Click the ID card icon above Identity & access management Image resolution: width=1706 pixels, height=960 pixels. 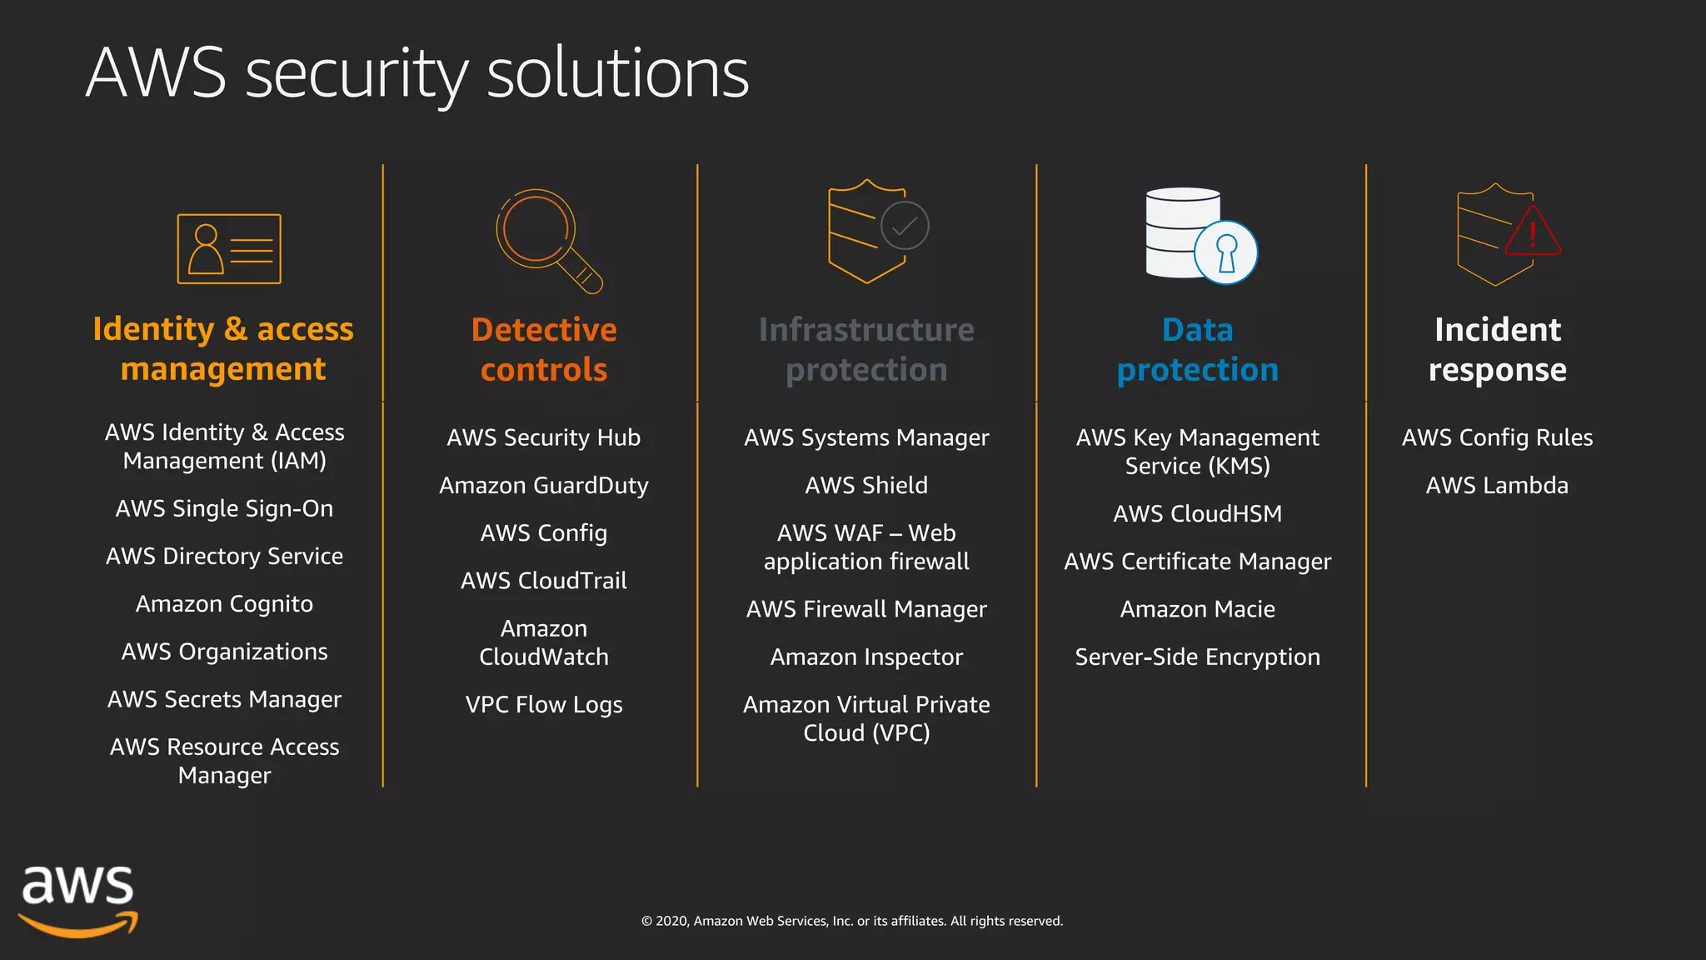tap(229, 248)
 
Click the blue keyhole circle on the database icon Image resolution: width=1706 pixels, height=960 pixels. tap(1225, 252)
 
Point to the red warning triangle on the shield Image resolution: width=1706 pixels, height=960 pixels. tap(1533, 232)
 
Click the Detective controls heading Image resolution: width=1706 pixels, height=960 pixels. tap(544, 349)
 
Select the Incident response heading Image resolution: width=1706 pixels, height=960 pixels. tap(1497, 349)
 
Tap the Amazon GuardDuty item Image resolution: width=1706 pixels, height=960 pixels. tap(544, 485)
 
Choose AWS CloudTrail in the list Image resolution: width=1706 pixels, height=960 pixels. tap(544, 580)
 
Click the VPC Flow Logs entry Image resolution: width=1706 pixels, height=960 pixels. tap(544, 704)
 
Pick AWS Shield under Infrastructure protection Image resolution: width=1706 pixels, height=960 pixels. tap(866, 485)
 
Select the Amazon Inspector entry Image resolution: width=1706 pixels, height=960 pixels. tap(866, 657)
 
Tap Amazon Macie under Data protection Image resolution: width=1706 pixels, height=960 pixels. tap(1197, 609)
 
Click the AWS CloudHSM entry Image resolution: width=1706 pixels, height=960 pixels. tap(1197, 513)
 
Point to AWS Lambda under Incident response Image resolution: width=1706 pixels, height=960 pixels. tap(1497, 485)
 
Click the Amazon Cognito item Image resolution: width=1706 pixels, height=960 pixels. tap(224, 603)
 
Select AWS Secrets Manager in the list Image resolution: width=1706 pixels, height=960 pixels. tap(224, 699)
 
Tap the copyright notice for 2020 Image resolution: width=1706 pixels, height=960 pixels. tap(851, 921)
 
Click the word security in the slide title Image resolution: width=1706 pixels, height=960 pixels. tap(357, 75)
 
